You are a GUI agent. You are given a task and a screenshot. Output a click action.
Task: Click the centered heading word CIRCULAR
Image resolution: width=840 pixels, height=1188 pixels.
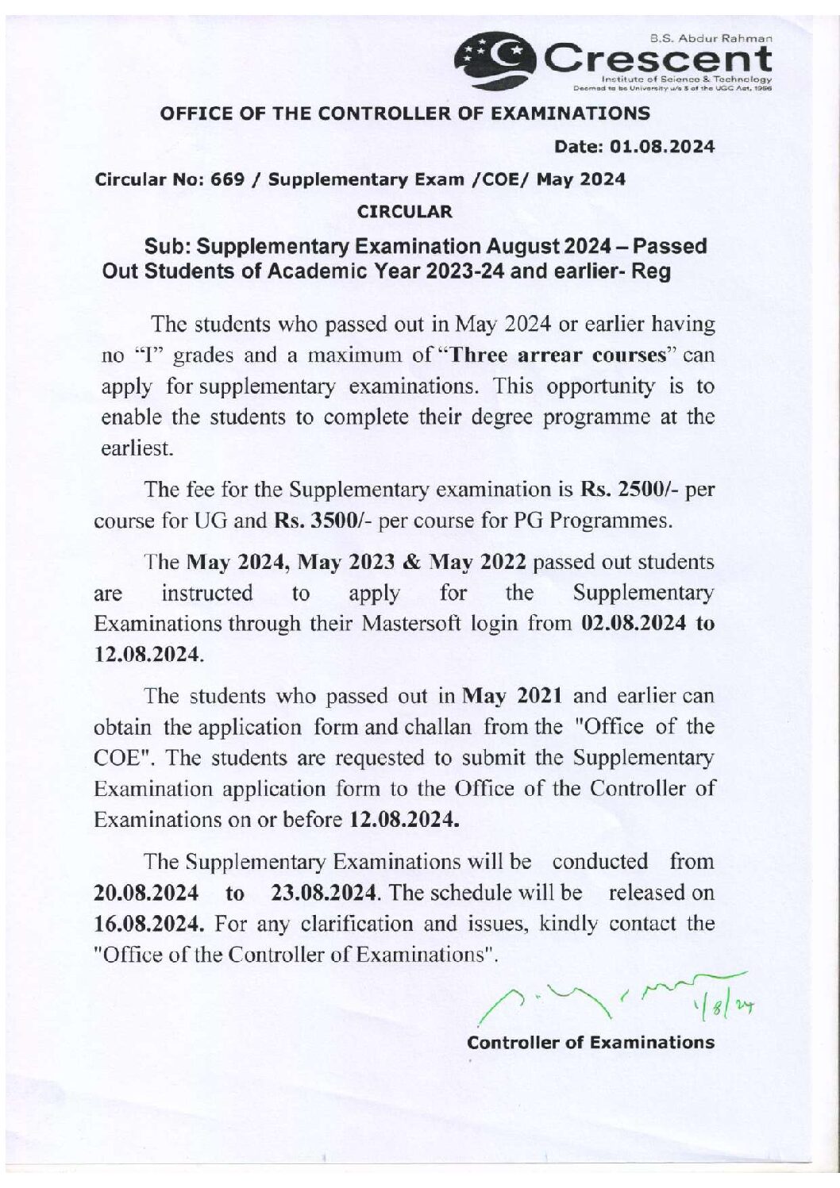405,212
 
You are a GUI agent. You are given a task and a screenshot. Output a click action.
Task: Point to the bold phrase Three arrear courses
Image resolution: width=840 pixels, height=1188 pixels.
556,355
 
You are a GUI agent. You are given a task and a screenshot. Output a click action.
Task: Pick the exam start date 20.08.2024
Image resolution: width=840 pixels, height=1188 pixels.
146,893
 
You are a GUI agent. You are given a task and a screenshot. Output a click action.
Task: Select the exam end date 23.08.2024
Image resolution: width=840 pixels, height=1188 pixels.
322,893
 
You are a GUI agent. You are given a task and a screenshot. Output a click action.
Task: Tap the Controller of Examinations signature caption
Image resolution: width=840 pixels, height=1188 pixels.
591,1043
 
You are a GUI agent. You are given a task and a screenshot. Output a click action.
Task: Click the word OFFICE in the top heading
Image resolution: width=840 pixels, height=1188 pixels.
192,113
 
